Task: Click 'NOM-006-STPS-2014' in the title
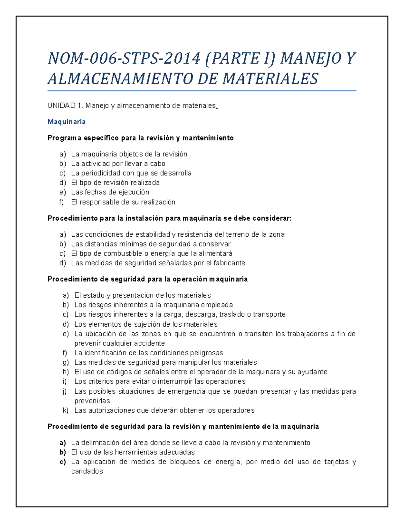[x=124, y=58]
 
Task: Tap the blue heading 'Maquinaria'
[x=66, y=122]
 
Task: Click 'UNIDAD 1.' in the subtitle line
[x=65, y=106]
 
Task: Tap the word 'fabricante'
[x=229, y=263]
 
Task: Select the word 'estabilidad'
[x=153, y=234]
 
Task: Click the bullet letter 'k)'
[x=65, y=410]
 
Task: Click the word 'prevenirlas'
[x=92, y=401]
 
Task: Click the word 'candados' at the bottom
[x=87, y=471]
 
